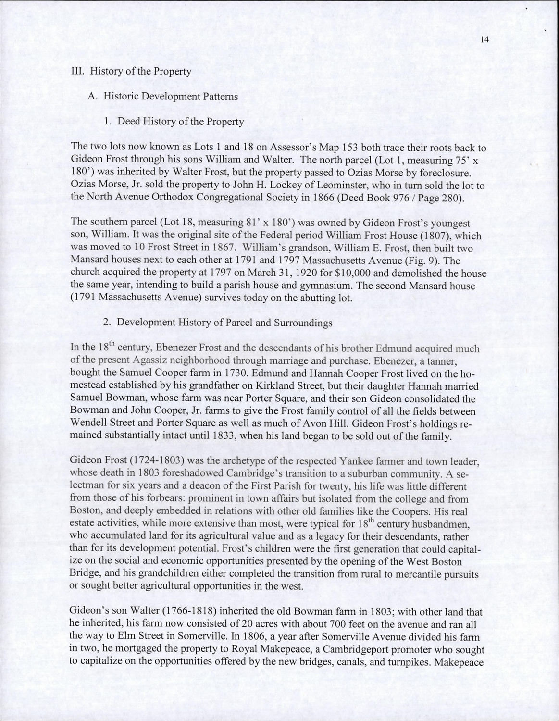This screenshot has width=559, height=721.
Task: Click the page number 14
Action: [x=484, y=40]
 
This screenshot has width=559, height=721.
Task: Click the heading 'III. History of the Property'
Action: [x=131, y=72]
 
